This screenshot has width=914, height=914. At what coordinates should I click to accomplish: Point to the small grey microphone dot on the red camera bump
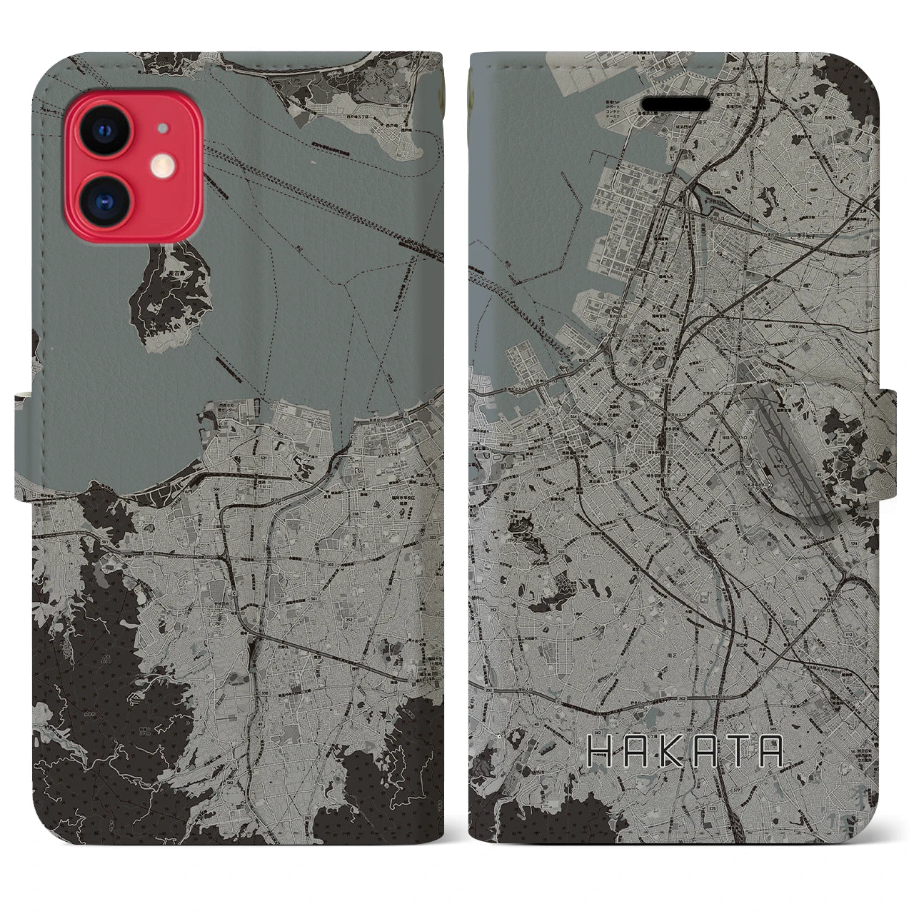pyautogui.click(x=164, y=129)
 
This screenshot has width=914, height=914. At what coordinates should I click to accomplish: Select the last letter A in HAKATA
pyautogui.click(x=770, y=750)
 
